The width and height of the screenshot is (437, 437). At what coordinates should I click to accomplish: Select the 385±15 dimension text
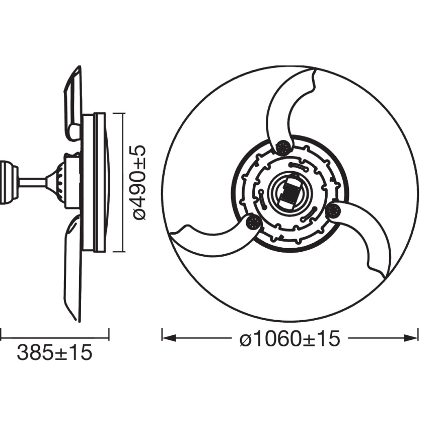(55, 353)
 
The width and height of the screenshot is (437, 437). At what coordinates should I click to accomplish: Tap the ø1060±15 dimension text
(290, 339)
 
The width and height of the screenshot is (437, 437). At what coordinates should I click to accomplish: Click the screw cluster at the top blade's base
(283, 147)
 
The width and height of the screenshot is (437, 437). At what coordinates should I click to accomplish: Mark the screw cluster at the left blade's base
(252, 222)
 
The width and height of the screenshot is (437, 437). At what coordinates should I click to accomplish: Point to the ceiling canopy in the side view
(7, 182)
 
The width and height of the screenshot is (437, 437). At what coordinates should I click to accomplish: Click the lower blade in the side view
(72, 267)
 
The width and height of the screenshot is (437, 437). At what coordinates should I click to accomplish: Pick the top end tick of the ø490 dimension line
(123, 113)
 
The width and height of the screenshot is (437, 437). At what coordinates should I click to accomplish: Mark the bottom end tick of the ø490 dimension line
(123, 252)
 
